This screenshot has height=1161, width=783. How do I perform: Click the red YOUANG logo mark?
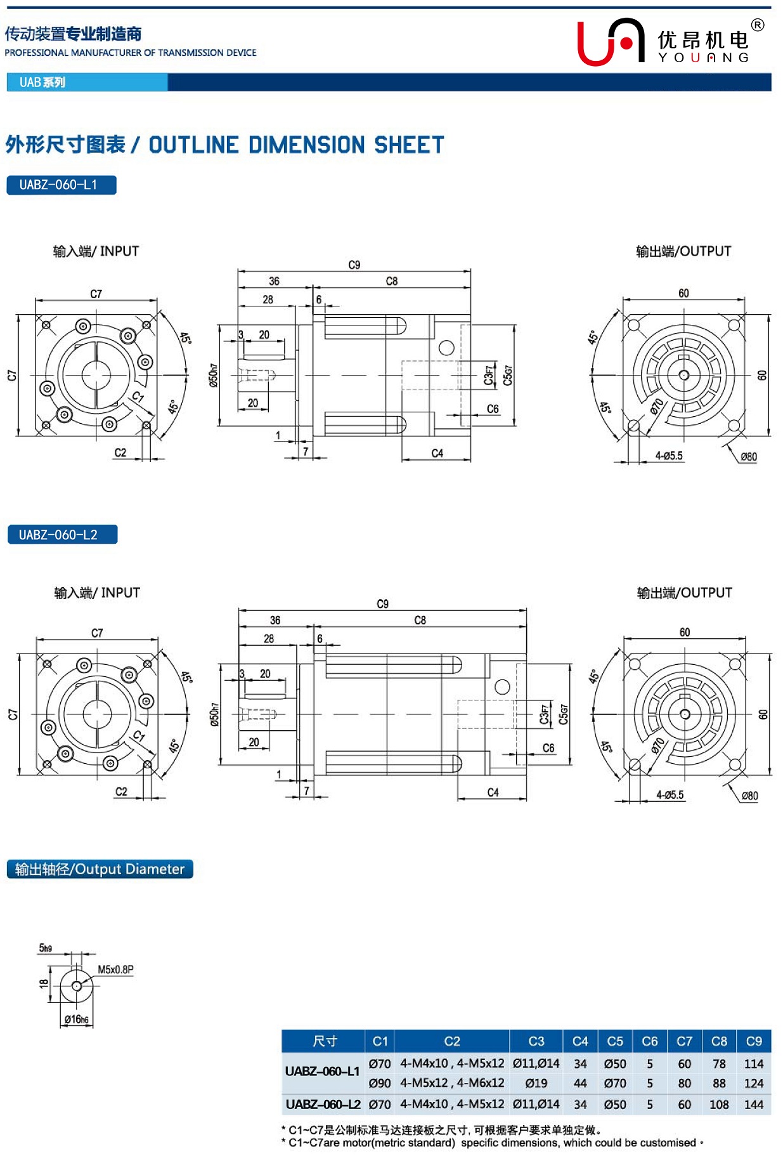610,43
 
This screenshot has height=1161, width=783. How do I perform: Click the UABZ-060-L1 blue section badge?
61,185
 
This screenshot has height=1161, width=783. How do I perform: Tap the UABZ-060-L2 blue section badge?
61,535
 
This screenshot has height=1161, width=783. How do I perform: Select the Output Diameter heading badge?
100,869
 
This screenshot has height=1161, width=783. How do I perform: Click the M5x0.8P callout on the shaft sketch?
115,969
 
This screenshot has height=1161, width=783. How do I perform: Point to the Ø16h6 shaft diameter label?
76,1019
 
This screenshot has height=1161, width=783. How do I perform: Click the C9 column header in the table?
753,1041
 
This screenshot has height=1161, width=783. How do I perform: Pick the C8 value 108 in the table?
718,1105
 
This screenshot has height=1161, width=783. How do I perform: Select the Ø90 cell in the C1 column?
379,1084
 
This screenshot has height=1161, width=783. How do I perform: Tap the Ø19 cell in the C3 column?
536,1084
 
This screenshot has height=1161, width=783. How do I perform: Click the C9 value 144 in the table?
753,1105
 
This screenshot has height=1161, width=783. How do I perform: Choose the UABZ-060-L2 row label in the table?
323,1105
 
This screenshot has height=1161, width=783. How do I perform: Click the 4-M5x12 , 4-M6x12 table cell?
452,1084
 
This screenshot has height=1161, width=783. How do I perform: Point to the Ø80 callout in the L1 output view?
749,457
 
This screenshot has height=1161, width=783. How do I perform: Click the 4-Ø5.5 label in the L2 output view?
670,795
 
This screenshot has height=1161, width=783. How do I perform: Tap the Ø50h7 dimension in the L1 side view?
214,376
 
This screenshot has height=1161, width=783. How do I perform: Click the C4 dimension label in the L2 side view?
493,792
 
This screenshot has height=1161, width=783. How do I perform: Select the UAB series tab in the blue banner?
42,82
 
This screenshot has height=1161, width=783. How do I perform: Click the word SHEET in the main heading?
409,145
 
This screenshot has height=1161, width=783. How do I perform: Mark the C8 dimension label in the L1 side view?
392,281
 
